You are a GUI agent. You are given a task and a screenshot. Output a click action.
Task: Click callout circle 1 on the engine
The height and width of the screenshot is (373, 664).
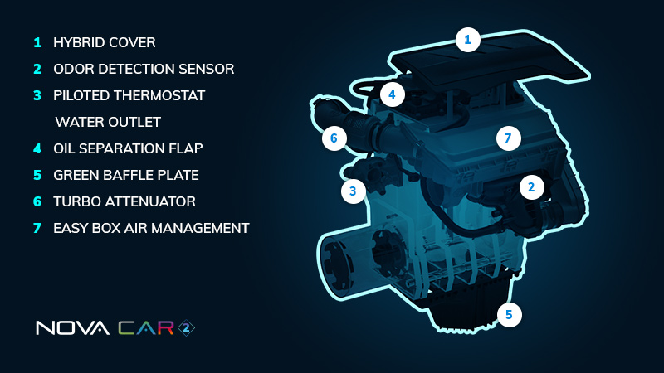pos(468,40)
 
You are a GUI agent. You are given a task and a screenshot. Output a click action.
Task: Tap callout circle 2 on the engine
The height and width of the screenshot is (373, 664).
pos(531,187)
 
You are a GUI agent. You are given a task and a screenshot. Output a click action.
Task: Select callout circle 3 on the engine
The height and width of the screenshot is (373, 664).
pos(354,191)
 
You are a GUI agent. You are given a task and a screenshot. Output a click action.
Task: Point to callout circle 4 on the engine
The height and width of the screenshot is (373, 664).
pos(392,94)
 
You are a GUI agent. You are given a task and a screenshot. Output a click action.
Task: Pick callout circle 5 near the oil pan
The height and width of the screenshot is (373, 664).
pos(509,315)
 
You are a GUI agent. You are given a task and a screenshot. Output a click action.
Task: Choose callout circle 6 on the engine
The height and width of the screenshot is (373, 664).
pos(334,138)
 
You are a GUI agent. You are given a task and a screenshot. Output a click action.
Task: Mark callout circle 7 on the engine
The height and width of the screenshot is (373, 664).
pos(509,138)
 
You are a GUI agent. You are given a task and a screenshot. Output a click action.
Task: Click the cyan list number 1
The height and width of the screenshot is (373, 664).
pos(37,42)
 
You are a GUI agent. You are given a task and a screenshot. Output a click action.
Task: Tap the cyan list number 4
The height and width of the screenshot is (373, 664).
pos(37,148)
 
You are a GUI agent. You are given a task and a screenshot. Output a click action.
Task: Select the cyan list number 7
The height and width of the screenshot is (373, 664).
pos(37,229)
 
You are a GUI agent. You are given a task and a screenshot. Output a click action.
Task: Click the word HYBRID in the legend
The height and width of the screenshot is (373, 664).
pos(78,42)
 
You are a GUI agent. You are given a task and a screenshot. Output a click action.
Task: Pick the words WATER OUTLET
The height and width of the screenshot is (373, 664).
pos(108,122)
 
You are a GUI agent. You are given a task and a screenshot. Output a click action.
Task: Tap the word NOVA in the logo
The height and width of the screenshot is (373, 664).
pos(72,327)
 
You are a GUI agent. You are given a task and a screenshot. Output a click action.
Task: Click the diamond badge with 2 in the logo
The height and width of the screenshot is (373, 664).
pos(186,327)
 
